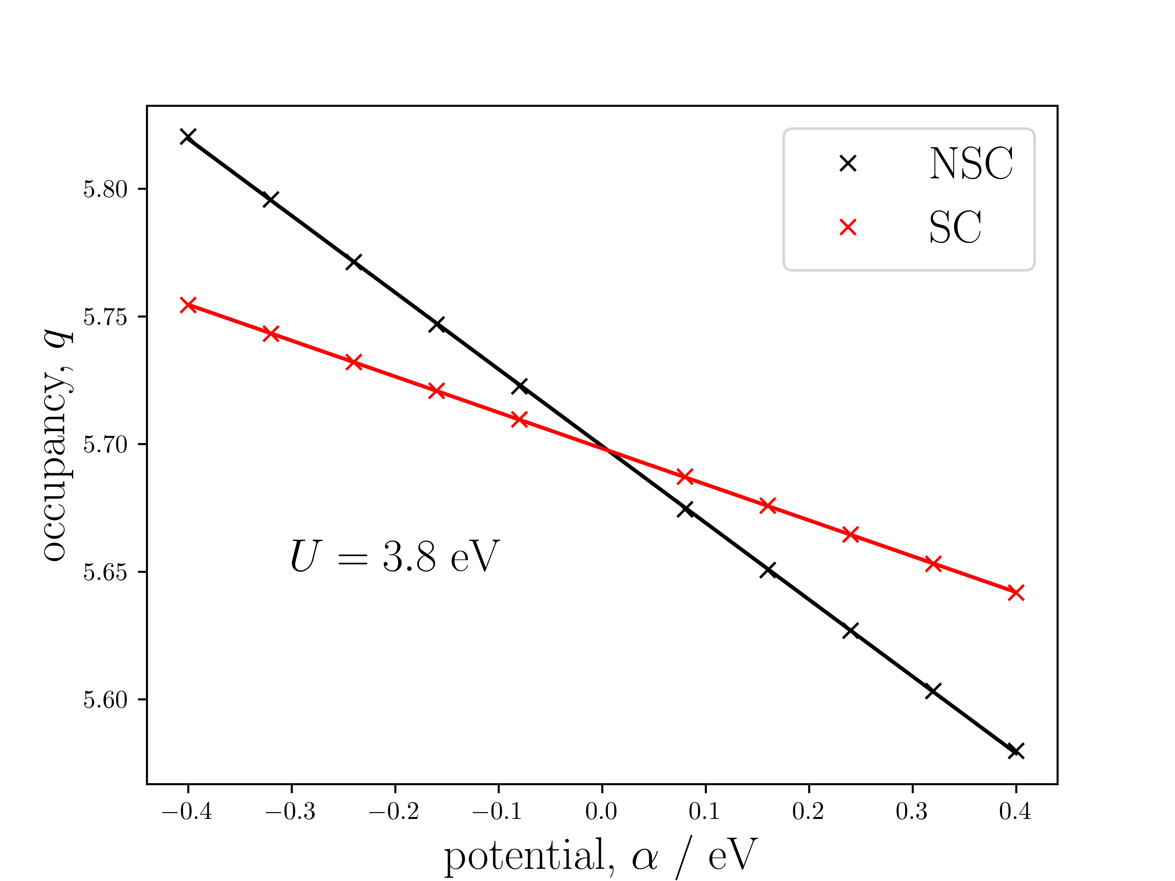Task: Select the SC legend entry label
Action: click(955, 227)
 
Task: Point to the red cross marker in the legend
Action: click(848, 227)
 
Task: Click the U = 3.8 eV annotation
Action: click(394, 556)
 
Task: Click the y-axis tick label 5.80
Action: click(105, 189)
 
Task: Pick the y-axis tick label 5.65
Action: click(105, 572)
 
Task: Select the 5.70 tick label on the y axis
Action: click(105, 445)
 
